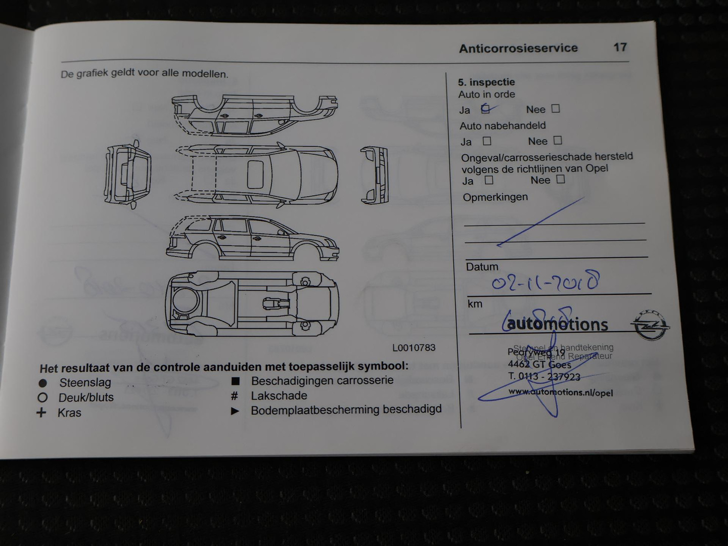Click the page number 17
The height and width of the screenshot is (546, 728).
[x=620, y=48]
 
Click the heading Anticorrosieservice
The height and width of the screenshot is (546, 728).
[x=518, y=49]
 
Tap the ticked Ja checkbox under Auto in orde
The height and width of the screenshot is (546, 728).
[x=486, y=108]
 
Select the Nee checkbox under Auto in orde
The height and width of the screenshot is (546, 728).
[x=556, y=108]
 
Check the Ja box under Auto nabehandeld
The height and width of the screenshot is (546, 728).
[x=487, y=141]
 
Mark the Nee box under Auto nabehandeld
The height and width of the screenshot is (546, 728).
[x=558, y=141]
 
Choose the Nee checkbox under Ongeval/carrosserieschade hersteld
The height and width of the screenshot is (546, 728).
[x=560, y=179]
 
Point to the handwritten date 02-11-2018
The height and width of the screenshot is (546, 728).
[x=545, y=281]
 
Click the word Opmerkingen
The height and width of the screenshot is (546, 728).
[x=495, y=197]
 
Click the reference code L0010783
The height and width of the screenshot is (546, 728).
[x=414, y=348]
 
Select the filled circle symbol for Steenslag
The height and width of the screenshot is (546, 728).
[x=43, y=383]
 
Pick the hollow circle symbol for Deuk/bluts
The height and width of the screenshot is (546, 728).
[x=42, y=398]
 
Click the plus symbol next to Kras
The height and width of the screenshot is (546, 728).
[x=41, y=413]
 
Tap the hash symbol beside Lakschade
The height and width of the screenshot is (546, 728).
[x=235, y=396]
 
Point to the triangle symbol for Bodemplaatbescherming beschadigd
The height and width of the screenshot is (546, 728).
[x=235, y=411]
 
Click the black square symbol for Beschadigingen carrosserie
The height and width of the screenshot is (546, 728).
[x=235, y=381]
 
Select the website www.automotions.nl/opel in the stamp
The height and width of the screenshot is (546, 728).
[x=560, y=392]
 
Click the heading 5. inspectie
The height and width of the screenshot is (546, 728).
[x=486, y=82]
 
